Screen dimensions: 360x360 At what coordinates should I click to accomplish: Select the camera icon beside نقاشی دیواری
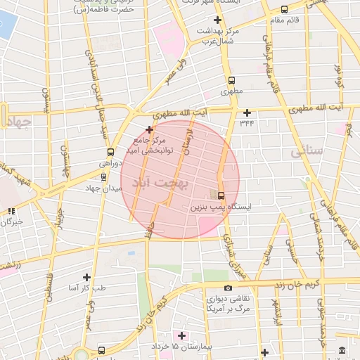(x=228, y=288)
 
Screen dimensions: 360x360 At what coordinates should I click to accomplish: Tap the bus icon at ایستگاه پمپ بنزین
(x=221, y=195)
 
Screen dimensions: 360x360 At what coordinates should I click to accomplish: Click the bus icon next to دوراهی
(x=110, y=152)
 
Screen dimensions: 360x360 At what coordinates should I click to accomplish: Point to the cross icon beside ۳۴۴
(x=247, y=112)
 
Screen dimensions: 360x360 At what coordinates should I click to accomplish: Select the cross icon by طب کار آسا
(x=86, y=277)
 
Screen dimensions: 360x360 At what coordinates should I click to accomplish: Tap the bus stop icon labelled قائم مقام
(x=284, y=10)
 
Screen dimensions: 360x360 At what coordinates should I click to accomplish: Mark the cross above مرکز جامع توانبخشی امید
(x=149, y=129)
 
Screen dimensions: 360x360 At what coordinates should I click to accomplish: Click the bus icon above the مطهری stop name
(x=231, y=80)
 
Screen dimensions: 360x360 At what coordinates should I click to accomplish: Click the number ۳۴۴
(x=247, y=124)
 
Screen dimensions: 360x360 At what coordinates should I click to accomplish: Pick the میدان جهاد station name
(x=104, y=188)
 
